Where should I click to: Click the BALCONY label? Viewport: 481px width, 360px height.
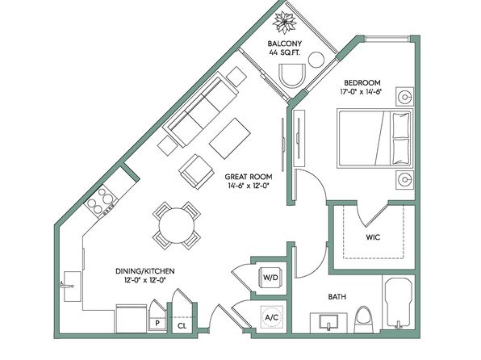(x=285, y=44)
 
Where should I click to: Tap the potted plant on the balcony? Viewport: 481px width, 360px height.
(x=285, y=22)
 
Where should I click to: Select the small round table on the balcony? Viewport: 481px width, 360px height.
(x=316, y=60)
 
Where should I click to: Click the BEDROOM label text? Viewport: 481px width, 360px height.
(x=362, y=82)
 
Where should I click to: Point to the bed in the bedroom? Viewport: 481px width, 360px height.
(x=374, y=138)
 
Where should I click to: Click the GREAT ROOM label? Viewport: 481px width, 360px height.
(x=249, y=177)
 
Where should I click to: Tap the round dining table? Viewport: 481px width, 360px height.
(x=177, y=225)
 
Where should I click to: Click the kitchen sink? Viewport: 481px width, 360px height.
(x=73, y=287)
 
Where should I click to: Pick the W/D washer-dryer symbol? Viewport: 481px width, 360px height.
(x=270, y=278)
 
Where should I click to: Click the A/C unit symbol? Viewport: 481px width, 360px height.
(x=271, y=317)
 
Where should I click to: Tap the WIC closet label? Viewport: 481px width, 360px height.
(x=373, y=237)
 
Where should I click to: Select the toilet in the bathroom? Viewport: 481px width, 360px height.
(x=363, y=320)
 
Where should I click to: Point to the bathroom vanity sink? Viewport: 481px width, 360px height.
(x=328, y=323)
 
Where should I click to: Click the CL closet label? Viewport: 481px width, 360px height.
(x=182, y=326)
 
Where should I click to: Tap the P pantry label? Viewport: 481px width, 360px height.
(x=157, y=323)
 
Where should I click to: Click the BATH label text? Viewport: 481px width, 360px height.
(x=337, y=297)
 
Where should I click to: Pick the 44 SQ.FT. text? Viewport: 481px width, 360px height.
(x=284, y=52)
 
